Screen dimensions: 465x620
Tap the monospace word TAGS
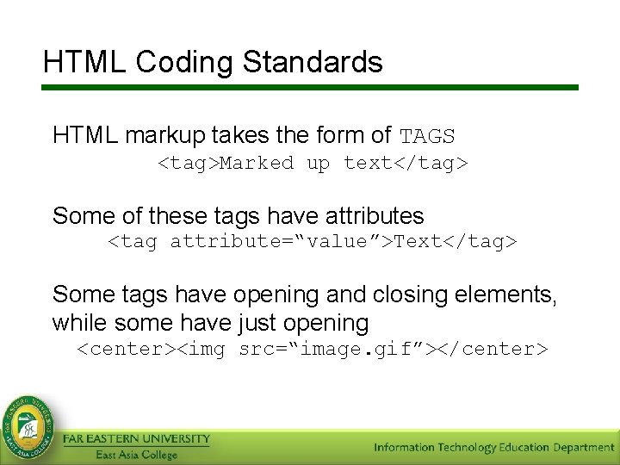427,136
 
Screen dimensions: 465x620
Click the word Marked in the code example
257,164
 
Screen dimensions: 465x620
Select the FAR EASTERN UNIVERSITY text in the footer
136,439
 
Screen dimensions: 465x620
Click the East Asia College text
136,455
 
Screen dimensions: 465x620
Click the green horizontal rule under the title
310,88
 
